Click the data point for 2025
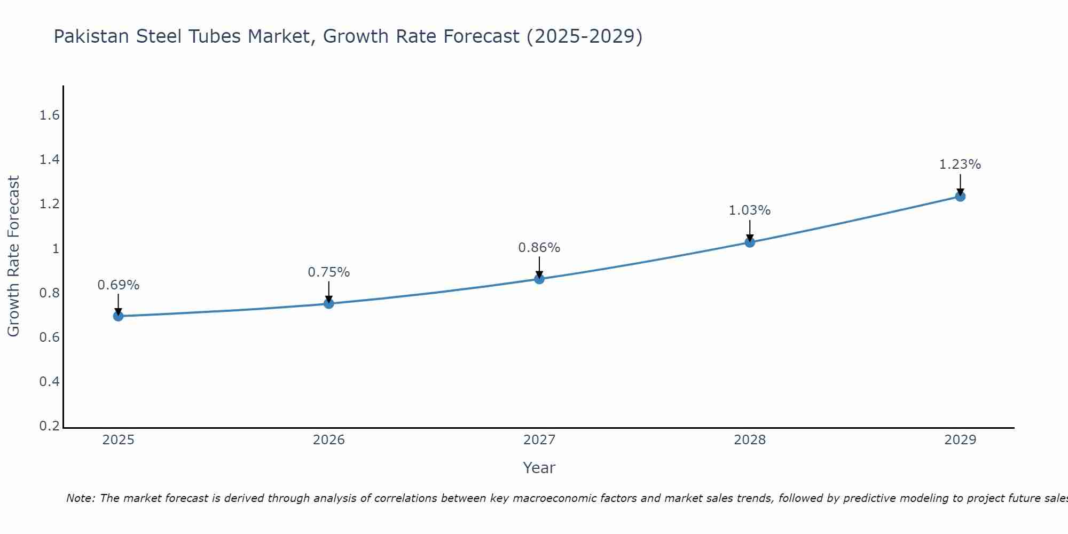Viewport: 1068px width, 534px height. [119, 316]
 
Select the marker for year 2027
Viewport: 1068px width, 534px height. [539, 279]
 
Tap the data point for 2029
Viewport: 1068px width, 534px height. [960, 197]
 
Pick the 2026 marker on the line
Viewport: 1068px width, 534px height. [329, 304]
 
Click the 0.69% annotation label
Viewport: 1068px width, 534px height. [119, 285]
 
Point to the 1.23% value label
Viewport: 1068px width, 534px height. [960, 164]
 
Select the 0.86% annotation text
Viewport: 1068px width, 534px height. [539, 248]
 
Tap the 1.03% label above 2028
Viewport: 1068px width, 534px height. [750, 210]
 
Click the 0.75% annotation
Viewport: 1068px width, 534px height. [329, 272]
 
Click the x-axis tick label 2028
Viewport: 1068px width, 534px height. [750, 440]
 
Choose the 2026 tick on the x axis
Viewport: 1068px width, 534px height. [329, 440]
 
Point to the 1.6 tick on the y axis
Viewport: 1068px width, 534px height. [50, 115]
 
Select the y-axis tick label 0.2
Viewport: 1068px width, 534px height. [50, 426]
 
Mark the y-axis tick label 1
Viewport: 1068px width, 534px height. [56, 249]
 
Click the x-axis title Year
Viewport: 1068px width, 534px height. [539, 468]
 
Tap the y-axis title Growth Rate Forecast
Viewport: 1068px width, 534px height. [13, 256]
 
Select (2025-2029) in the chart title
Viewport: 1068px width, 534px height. [584, 36]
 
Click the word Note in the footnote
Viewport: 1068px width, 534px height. [81, 498]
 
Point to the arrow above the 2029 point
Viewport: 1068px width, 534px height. [960, 184]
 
